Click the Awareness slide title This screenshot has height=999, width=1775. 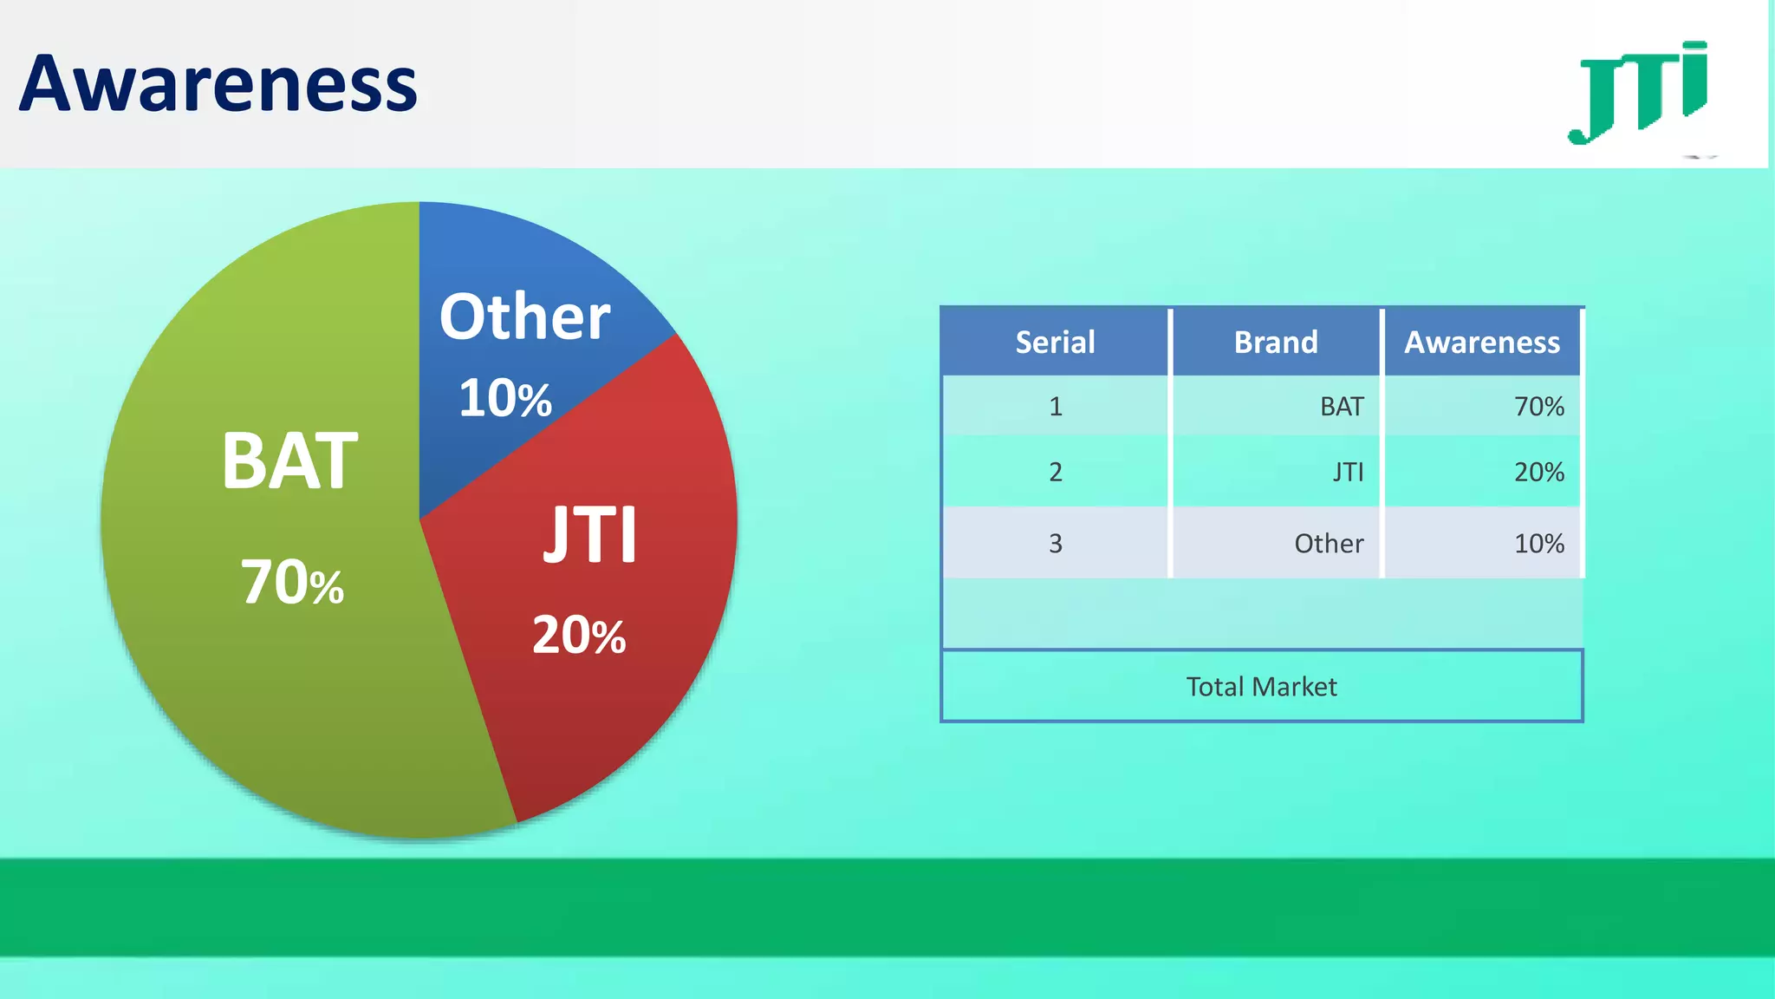(x=218, y=84)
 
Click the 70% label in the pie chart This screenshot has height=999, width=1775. (x=292, y=582)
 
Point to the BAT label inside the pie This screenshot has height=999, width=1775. (x=289, y=461)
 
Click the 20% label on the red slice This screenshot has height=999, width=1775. (x=578, y=635)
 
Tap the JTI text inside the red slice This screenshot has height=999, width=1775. (x=590, y=535)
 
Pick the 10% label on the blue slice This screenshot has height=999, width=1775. (x=504, y=399)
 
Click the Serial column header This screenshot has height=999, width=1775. (x=1055, y=343)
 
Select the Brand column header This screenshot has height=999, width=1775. (x=1276, y=343)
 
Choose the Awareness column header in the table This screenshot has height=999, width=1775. (x=1482, y=343)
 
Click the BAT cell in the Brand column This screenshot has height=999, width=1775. (x=1342, y=407)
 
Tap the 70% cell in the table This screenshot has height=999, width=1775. (x=1538, y=407)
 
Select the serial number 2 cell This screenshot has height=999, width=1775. (x=1055, y=472)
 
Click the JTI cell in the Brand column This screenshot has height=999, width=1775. (x=1348, y=472)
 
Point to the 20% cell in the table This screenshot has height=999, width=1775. (x=1538, y=472)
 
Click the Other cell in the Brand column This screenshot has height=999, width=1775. (x=1329, y=544)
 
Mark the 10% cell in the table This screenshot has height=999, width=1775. (x=1538, y=544)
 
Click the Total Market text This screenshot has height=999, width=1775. (x=1261, y=687)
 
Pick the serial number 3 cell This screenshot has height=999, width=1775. (x=1055, y=544)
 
